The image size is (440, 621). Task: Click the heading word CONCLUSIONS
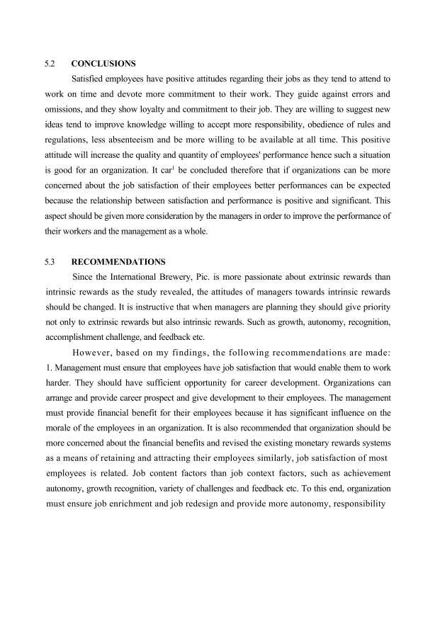(103, 63)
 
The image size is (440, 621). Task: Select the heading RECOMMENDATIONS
(118, 261)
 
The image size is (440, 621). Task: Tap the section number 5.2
(50, 63)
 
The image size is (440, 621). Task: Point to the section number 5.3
(50, 261)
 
